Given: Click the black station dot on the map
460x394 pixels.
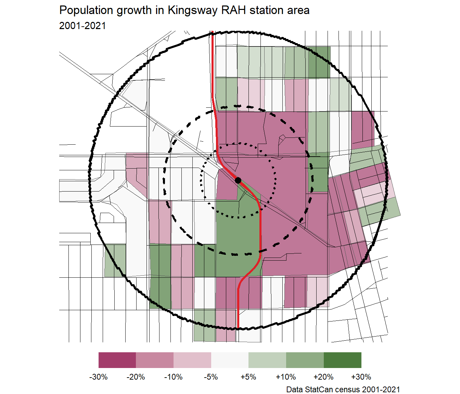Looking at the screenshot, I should [x=238, y=180].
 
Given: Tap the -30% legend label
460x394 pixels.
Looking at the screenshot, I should [x=99, y=377].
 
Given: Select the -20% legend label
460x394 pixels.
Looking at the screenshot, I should [x=136, y=377].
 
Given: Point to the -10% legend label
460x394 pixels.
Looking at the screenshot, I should [x=174, y=377].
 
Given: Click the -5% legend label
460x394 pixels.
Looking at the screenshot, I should [x=211, y=377].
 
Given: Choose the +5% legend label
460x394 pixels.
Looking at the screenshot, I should [x=248, y=377].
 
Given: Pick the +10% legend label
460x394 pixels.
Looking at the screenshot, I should [x=286, y=377].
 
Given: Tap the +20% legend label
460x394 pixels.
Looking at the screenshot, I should [x=323, y=377].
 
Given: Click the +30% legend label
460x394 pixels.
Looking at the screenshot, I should [x=361, y=377].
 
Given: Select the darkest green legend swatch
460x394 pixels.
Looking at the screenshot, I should [x=342, y=360].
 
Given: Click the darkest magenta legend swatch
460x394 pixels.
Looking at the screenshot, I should [x=117, y=360].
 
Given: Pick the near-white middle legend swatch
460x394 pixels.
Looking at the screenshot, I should [x=230, y=360].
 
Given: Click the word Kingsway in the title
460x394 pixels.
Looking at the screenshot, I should [x=192, y=11].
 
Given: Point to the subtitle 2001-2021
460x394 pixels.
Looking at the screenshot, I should [x=82, y=26].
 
